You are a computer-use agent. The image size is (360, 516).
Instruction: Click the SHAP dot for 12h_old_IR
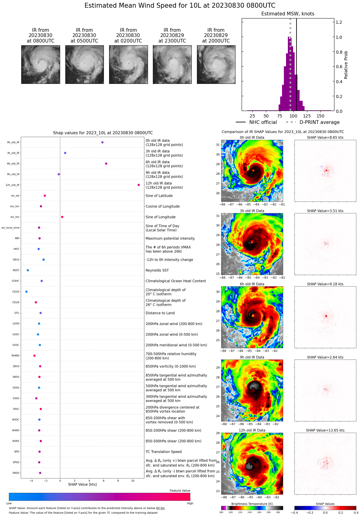(139, 185)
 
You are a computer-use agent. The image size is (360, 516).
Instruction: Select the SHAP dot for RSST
(28, 270)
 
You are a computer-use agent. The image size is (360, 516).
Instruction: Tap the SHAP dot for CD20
(26, 292)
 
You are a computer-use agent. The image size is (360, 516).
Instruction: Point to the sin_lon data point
(62, 217)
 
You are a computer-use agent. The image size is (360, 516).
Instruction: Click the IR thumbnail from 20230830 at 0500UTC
(84, 64)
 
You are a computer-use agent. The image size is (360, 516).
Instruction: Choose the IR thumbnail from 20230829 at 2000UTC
(216, 64)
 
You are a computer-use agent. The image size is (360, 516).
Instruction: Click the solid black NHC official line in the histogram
(297, 62)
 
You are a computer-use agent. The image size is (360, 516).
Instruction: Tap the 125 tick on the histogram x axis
(307, 116)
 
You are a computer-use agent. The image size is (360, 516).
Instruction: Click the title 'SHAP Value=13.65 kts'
(325, 430)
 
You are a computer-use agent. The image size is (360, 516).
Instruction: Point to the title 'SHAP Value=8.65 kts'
(325, 137)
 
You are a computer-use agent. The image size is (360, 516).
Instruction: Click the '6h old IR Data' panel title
(252, 284)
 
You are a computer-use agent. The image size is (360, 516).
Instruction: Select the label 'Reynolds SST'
(157, 270)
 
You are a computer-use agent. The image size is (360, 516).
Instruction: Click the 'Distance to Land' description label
(160, 313)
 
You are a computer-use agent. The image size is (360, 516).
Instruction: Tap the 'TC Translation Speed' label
(164, 452)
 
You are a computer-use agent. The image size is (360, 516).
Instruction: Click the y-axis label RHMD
(15, 356)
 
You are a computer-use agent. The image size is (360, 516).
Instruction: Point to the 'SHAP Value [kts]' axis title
(82, 485)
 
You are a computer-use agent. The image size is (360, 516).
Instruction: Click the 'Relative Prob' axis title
(346, 65)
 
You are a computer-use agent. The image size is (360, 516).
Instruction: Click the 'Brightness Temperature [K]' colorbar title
(252, 504)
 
